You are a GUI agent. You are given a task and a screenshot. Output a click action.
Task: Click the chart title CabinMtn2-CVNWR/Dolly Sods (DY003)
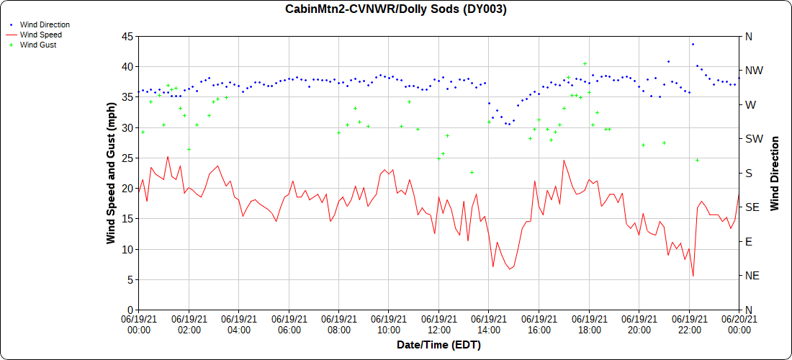(x=396, y=9)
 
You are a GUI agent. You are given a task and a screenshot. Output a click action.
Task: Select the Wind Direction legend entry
(x=45, y=25)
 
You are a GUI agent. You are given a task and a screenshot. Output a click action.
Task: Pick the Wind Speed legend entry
(x=40, y=35)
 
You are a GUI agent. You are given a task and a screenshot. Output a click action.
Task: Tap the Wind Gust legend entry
(x=38, y=45)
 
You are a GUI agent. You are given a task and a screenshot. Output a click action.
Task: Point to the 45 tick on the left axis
(x=126, y=36)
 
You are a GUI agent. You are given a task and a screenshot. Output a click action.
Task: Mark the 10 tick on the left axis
(x=126, y=249)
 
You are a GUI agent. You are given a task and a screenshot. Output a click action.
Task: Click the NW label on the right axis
(x=752, y=71)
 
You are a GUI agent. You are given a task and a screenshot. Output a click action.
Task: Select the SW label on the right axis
(x=752, y=139)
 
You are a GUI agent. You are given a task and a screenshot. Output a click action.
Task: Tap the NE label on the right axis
(x=752, y=276)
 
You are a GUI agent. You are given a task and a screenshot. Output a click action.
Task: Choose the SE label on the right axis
(x=751, y=207)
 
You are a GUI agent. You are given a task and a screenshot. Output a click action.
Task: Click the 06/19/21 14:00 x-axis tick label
(x=489, y=325)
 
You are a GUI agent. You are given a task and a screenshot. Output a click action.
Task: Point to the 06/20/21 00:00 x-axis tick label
(x=739, y=325)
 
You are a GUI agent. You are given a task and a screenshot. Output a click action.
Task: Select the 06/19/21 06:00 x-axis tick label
(x=289, y=325)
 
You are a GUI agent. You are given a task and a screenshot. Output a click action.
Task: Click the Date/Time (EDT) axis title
(x=438, y=345)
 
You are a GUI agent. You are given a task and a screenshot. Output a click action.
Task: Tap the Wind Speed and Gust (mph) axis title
(x=111, y=173)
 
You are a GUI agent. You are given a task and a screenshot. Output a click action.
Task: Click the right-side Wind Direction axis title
(x=775, y=173)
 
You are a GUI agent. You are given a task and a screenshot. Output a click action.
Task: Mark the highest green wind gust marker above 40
(x=585, y=63)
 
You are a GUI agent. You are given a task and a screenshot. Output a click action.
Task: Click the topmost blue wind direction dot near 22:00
(x=693, y=44)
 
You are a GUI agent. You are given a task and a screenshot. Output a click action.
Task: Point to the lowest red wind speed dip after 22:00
(x=693, y=276)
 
